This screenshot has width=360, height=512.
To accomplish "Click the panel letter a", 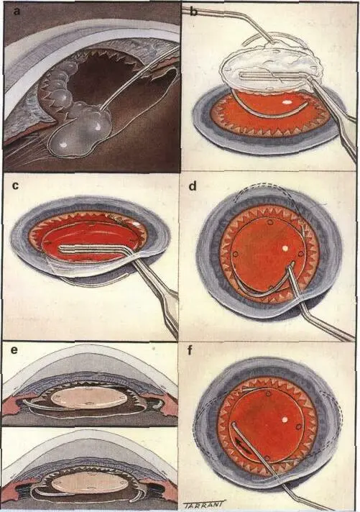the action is [x=17, y=12].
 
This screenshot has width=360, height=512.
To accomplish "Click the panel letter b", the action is [x=193, y=12].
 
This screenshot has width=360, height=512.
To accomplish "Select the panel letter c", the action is [x=15, y=186].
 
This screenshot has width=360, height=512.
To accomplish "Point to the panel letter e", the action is [x=14, y=351].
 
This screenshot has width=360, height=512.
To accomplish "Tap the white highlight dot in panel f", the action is [x=285, y=419].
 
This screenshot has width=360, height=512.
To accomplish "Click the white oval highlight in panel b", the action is [x=287, y=102].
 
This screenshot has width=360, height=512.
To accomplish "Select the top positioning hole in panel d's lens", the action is [x=270, y=223].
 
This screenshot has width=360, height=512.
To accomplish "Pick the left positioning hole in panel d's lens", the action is [x=235, y=254].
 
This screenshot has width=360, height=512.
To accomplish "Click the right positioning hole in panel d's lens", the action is [x=300, y=254].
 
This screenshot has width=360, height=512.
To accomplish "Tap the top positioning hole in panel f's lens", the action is [x=268, y=394].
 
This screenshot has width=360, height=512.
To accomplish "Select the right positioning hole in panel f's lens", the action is [x=297, y=426].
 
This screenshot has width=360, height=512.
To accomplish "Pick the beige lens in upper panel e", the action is [x=89, y=398].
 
